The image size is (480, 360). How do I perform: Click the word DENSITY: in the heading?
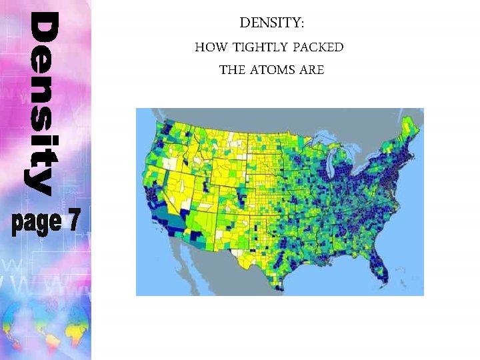[x=271, y=23]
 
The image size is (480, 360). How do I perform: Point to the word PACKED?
[x=320, y=47]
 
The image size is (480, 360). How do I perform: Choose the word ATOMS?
[x=273, y=70]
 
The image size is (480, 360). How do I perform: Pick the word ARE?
[x=312, y=70]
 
